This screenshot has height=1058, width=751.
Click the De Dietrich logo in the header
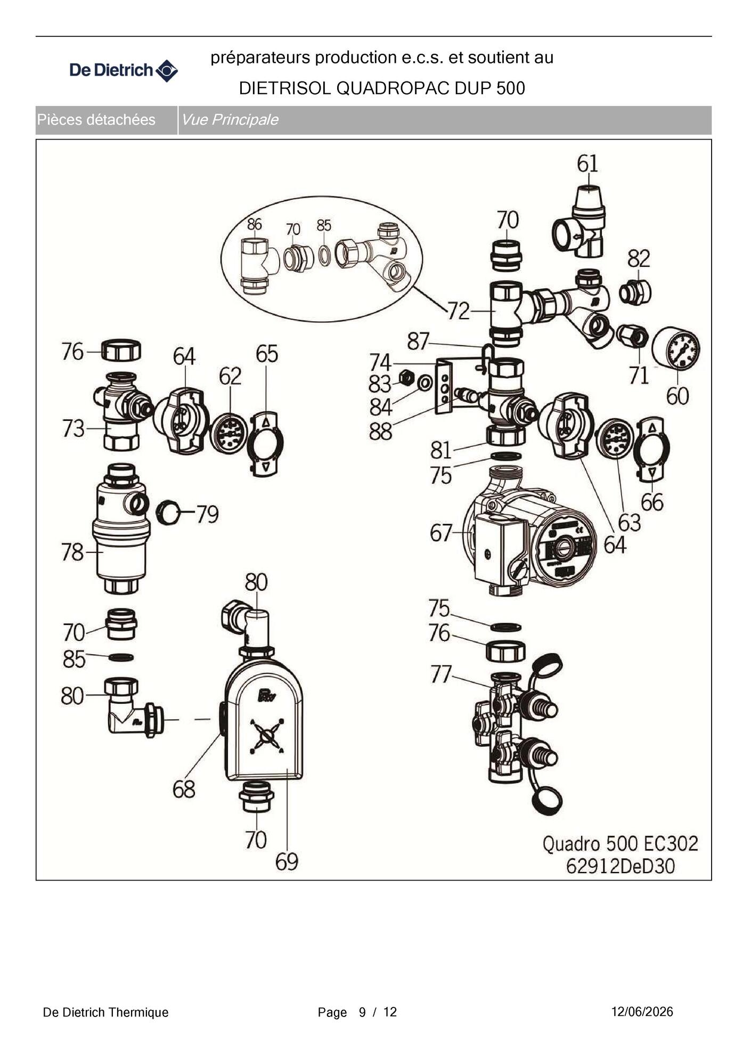click(x=124, y=70)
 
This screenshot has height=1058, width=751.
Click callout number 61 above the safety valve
click(x=587, y=164)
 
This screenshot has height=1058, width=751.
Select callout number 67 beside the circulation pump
click(x=441, y=533)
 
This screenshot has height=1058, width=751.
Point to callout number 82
click(x=639, y=259)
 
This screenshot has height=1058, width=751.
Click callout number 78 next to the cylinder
click(x=72, y=552)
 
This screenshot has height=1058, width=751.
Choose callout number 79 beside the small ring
click(x=208, y=514)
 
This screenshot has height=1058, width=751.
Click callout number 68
click(x=184, y=789)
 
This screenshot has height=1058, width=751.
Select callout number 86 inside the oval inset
click(x=254, y=224)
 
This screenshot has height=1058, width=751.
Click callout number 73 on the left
click(x=73, y=428)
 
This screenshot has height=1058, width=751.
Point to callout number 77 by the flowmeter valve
click(x=441, y=674)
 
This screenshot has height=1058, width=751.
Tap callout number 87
click(x=418, y=341)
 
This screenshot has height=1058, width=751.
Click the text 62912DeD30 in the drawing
click(x=620, y=867)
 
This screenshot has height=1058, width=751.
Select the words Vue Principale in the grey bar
click(x=230, y=120)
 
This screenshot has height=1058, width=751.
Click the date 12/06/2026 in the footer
click(x=642, y=1012)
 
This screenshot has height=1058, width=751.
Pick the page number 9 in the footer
click(x=362, y=1013)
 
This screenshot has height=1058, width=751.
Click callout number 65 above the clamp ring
click(x=267, y=354)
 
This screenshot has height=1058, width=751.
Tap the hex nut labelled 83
click(x=406, y=378)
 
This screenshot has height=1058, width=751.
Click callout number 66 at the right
click(x=652, y=502)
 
